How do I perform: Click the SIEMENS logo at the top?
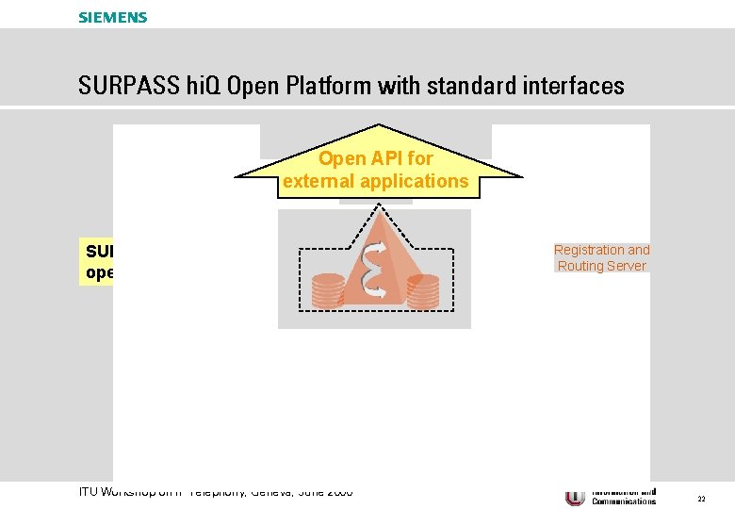pyautogui.click(x=113, y=17)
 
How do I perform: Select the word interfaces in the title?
pyautogui.click(x=572, y=87)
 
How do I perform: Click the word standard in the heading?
pyautogui.click(x=464, y=87)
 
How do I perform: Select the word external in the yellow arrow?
pyautogui.click(x=319, y=181)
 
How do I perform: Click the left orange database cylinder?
pyautogui.click(x=329, y=289)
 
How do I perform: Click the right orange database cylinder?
pyautogui.click(x=423, y=291)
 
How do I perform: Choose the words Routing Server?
pyautogui.click(x=601, y=266)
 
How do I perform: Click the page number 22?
pyautogui.click(x=701, y=498)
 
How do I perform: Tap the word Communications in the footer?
pyautogui.click(x=624, y=501)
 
